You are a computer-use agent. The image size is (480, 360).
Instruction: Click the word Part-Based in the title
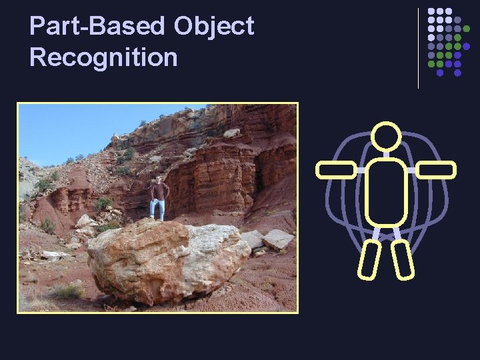97,27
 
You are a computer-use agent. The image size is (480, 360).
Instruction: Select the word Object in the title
214,27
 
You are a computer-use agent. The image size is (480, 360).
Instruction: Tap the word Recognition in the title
103,57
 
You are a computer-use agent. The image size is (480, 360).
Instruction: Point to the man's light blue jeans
158,209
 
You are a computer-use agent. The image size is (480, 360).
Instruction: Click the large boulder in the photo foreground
167,260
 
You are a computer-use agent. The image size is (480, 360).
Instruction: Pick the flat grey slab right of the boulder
277,239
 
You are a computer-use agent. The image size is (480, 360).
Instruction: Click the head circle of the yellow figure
385,137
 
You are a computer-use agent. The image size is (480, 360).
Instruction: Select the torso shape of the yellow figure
385,192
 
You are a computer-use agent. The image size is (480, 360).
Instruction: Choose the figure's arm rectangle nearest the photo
336,170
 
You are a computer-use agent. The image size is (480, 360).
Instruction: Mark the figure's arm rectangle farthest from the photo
435,170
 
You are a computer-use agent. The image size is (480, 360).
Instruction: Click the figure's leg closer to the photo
369,259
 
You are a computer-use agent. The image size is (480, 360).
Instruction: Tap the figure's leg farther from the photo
402,259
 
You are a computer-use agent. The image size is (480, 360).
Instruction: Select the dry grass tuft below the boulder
67,291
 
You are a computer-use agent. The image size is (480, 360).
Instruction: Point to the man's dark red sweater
159,191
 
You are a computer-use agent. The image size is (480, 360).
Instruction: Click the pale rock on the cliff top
231,133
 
